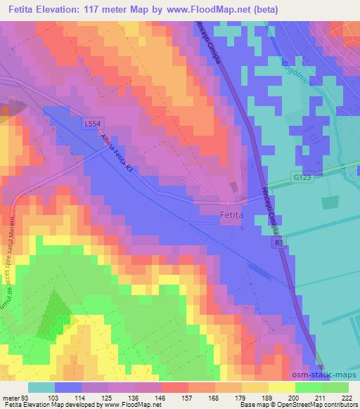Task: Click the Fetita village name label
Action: (x=233, y=218)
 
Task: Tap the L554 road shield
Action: (x=91, y=123)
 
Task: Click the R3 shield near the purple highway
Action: (x=279, y=242)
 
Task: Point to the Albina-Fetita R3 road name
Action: (x=115, y=155)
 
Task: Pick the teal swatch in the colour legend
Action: (x=41, y=387)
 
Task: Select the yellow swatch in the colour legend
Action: (x=281, y=387)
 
